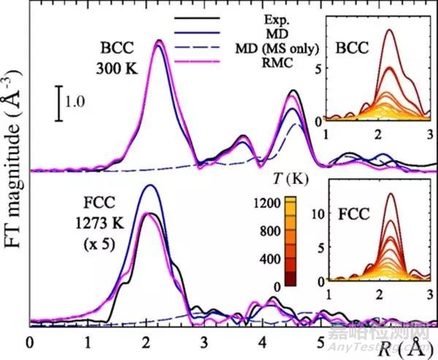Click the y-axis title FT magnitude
tap(12, 168)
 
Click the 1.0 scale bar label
tap(77, 103)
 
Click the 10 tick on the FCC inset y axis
tap(318, 215)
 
